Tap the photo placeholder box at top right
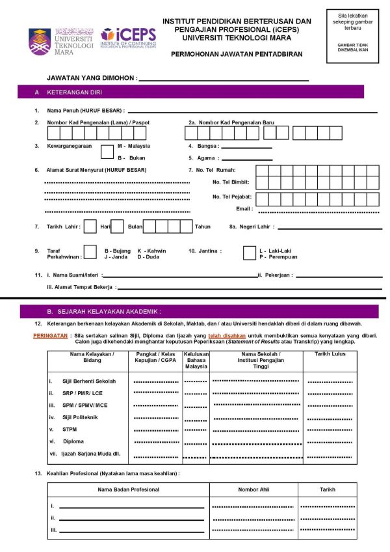click(x=352, y=36)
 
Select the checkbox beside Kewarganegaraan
click(x=107, y=151)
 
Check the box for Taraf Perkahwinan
click(x=91, y=254)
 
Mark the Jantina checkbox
click(x=249, y=253)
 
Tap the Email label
click(x=244, y=209)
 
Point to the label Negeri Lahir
click(x=254, y=227)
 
